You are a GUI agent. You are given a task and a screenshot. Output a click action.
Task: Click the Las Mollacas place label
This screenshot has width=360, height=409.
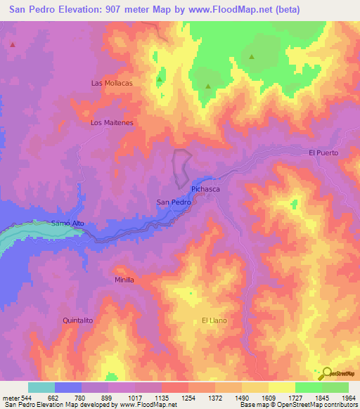[112, 82]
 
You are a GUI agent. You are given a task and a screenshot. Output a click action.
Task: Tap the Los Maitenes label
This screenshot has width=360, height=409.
[112, 122]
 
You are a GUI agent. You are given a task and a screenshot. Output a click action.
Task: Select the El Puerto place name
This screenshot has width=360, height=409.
[323, 152]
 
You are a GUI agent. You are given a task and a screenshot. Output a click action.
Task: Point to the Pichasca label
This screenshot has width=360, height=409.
[206, 190]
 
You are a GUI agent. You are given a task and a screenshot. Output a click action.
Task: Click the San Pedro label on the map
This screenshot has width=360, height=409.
[173, 202]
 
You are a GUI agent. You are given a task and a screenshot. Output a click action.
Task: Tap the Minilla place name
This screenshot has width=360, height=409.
[124, 279]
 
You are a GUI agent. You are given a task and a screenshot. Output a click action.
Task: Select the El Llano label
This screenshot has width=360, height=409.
[213, 320]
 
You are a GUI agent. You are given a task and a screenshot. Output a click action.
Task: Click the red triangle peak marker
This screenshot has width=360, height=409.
[13, 45]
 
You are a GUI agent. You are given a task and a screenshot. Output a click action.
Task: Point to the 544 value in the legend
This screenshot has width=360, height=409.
[22, 396]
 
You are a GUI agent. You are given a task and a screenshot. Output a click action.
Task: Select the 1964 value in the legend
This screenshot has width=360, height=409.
[340, 396]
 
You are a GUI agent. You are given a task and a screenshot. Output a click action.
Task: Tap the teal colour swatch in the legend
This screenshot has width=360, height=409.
[41, 387]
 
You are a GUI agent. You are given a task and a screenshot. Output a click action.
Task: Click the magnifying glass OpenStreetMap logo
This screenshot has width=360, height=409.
[326, 372]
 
